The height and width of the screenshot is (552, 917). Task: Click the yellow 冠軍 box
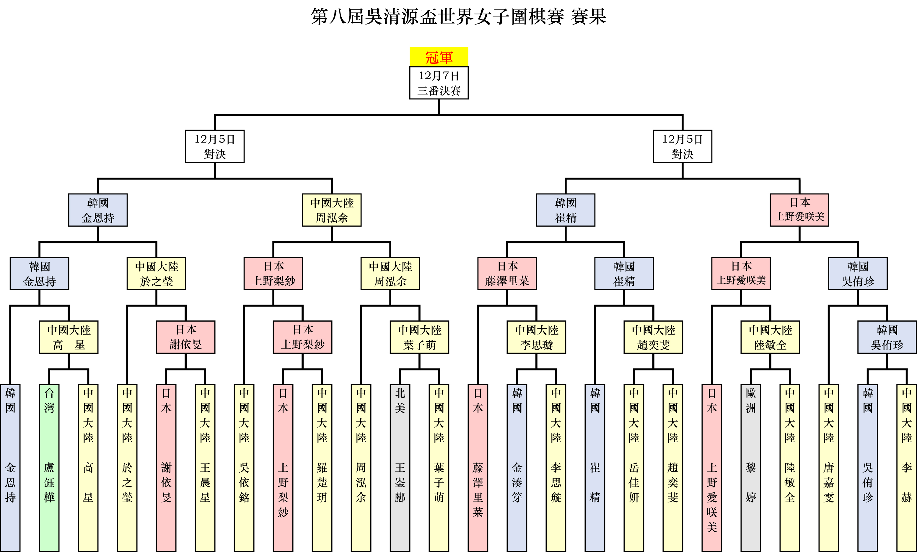click(439, 57)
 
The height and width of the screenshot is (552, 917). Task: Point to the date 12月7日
click(439, 76)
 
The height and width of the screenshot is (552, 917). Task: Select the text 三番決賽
click(439, 91)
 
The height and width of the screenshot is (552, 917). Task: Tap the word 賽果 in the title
click(588, 17)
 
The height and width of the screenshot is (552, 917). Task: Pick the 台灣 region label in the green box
click(49, 401)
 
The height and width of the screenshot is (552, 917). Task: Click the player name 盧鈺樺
click(49, 482)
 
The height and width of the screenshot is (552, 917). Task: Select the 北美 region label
click(400, 401)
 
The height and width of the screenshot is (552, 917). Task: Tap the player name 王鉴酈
click(400, 482)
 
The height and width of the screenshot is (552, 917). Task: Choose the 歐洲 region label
click(751, 401)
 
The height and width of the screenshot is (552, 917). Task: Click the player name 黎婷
click(751, 482)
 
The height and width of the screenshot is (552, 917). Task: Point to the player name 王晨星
click(205, 482)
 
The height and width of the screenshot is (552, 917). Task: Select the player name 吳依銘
click(244, 482)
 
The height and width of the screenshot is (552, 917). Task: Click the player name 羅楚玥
click(322, 482)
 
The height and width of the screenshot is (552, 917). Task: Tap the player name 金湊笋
click(517, 482)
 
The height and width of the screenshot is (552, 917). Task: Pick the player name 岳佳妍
click(634, 482)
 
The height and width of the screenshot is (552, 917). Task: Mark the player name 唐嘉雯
click(829, 482)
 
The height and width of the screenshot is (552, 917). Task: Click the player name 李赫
click(907, 482)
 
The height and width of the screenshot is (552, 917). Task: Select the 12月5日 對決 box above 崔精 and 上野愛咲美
click(682, 146)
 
